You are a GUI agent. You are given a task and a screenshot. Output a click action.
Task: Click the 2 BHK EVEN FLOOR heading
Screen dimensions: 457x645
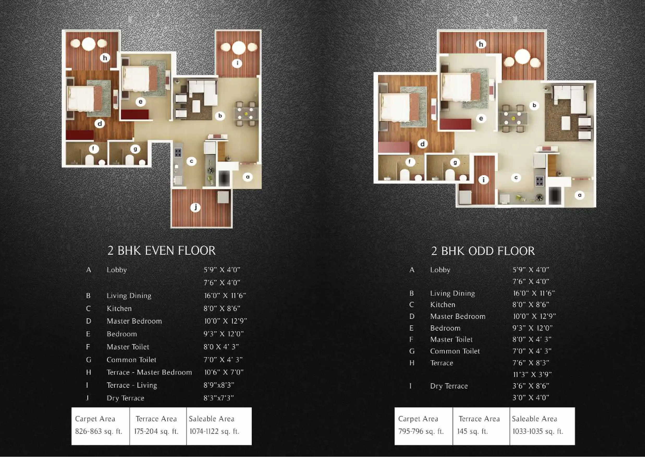(162, 251)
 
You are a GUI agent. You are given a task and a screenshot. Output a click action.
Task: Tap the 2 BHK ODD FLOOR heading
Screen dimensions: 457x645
(483, 251)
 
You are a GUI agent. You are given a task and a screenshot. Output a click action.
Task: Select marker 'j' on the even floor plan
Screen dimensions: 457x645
(195, 208)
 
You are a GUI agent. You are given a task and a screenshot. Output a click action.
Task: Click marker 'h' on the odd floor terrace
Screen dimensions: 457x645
(481, 44)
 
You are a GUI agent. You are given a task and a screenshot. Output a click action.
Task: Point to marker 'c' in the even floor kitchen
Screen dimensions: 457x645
(192, 161)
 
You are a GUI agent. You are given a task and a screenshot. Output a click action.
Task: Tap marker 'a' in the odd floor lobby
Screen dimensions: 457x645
(580, 195)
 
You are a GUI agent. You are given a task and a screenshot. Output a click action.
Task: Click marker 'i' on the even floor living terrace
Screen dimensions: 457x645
(237, 63)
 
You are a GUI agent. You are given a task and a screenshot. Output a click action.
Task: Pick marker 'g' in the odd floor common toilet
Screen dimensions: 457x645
(455, 162)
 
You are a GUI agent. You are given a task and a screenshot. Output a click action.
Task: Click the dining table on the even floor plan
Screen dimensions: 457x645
(245, 114)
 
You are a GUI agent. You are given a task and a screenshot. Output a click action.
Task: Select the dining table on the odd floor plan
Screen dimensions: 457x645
(513, 118)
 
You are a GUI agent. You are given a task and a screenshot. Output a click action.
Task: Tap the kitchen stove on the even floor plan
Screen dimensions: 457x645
(178, 153)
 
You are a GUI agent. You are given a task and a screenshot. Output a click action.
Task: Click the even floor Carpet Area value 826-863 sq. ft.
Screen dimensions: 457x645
(99, 431)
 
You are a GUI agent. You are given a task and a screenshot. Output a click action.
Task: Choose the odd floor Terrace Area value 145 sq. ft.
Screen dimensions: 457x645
(472, 431)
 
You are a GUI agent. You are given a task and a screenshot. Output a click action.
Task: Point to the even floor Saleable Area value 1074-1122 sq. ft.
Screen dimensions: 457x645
(214, 431)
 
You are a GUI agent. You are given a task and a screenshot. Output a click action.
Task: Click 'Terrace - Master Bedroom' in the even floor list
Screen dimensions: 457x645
(149, 372)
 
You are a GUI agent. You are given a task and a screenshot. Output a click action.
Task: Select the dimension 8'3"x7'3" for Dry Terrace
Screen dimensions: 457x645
(219, 398)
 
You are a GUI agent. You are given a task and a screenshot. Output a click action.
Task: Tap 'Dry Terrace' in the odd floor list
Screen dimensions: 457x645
(449, 386)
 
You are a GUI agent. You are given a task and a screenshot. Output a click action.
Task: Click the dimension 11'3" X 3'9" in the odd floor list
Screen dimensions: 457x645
(532, 375)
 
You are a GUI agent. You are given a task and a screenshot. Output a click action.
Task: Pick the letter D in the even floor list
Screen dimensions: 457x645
(89, 321)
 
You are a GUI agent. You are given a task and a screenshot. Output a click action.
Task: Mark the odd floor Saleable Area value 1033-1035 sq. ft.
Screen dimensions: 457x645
(538, 431)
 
